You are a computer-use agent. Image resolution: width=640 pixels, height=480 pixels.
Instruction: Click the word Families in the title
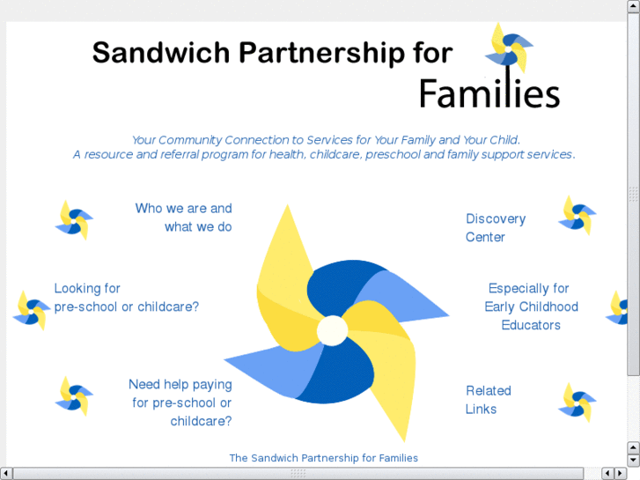(489, 92)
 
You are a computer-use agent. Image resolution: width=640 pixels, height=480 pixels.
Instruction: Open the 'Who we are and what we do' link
(183, 218)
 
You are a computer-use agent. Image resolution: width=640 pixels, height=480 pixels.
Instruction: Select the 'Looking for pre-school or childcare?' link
(126, 298)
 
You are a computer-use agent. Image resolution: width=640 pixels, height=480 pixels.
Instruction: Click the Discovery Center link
(495, 227)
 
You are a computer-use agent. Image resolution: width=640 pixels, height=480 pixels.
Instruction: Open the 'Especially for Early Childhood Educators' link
(531, 306)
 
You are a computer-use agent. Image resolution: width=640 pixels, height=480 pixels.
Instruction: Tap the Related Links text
(488, 400)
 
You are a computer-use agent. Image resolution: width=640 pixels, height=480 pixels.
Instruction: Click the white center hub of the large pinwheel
(332, 330)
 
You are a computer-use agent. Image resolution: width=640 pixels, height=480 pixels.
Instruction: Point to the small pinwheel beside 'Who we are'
(74, 219)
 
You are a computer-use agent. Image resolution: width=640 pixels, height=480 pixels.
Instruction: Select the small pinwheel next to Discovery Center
(577, 215)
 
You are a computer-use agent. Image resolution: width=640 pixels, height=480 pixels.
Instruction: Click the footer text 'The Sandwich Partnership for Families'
(323, 458)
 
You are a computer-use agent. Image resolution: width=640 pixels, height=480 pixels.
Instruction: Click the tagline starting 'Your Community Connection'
(325, 140)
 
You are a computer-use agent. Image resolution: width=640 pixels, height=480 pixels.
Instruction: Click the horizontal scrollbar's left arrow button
(6, 474)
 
